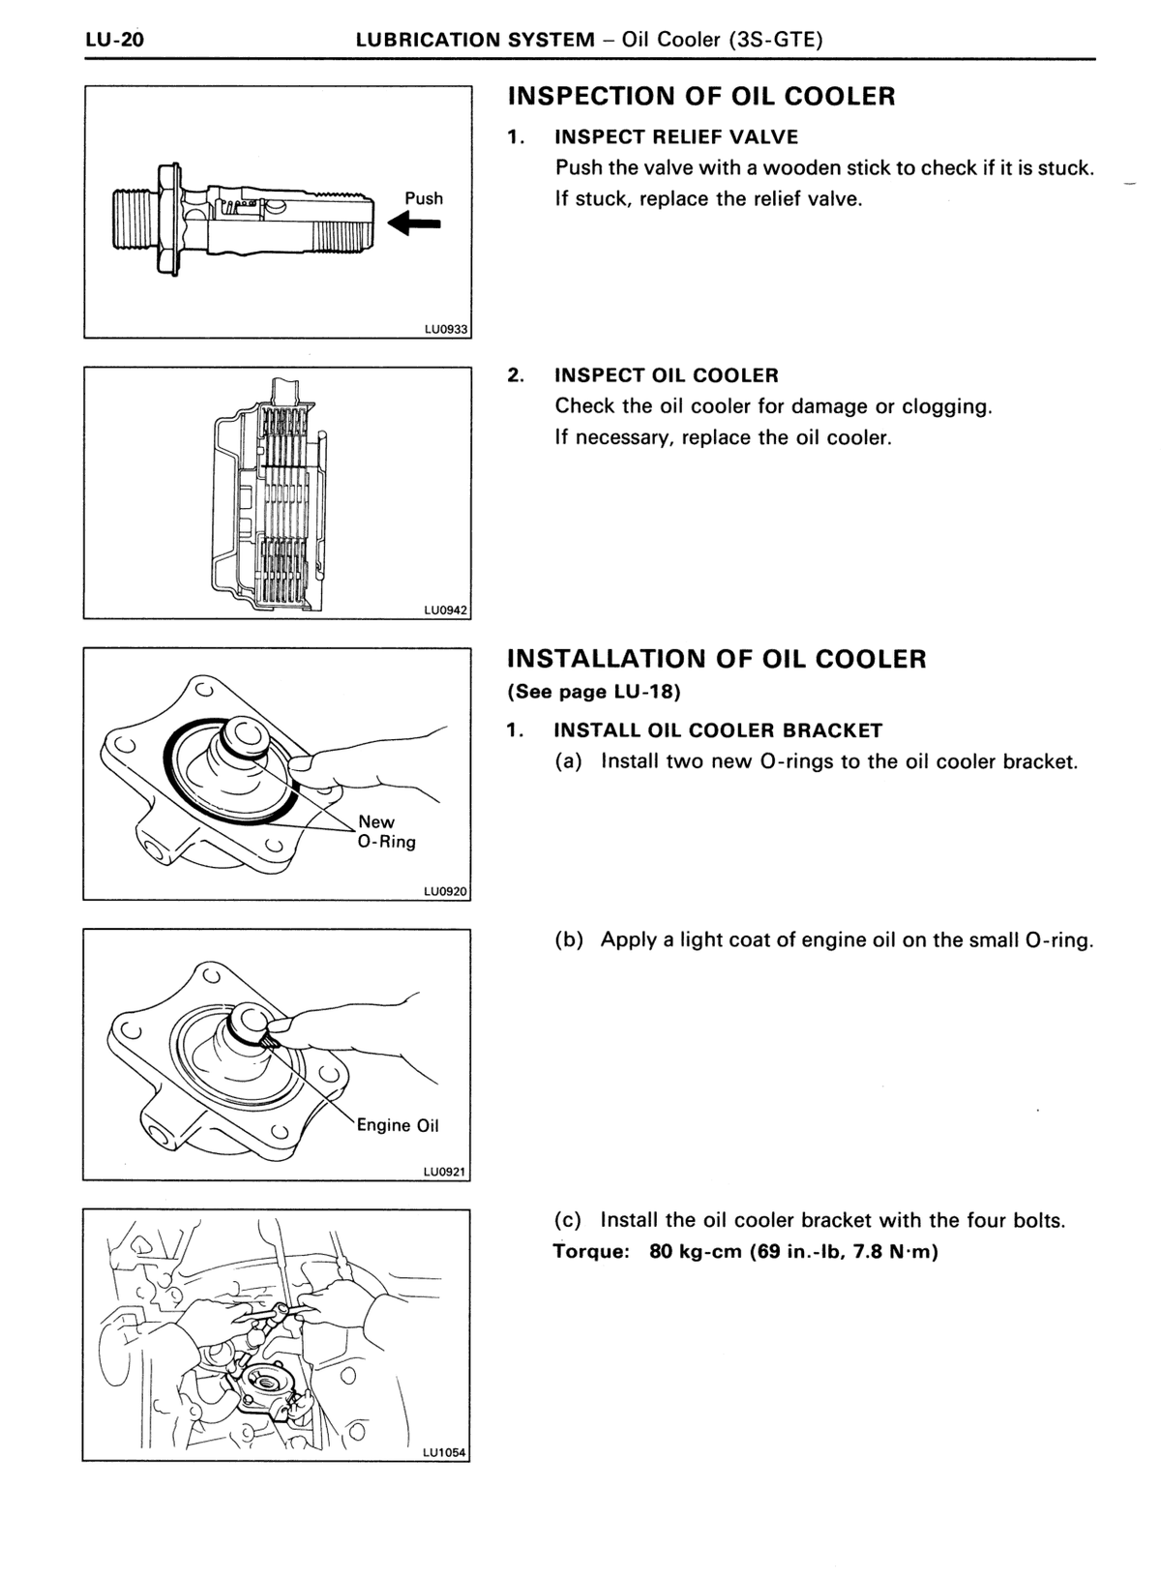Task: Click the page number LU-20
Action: coord(115,40)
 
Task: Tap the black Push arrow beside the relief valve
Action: coord(414,224)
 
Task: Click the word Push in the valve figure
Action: coord(424,198)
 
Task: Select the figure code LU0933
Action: coord(446,329)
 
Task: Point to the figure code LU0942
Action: coord(446,610)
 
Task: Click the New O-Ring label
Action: coord(387,832)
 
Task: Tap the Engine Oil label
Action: coord(398,1125)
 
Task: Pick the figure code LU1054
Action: coord(444,1452)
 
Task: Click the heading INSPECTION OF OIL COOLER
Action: coord(701,96)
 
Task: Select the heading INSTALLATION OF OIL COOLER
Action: coord(717,659)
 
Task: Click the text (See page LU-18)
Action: coord(594,692)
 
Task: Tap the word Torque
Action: coord(591,1251)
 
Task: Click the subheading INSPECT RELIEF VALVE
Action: coord(676,136)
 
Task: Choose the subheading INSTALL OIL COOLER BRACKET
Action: coord(718,730)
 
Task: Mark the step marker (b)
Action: coord(569,940)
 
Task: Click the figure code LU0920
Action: coord(445,891)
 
